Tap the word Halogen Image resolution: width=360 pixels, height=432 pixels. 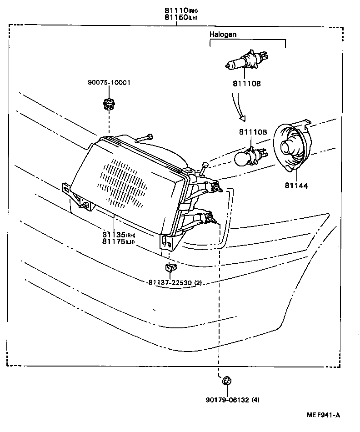pos(223,35)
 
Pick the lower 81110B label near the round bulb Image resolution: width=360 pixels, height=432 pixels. pos(252,132)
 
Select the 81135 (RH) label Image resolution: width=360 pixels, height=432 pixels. pos(119,235)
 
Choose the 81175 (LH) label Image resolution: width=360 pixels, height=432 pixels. pos(119,241)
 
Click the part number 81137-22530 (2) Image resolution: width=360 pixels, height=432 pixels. pos(175,282)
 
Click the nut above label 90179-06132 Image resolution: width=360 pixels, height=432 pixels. pos(226,380)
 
